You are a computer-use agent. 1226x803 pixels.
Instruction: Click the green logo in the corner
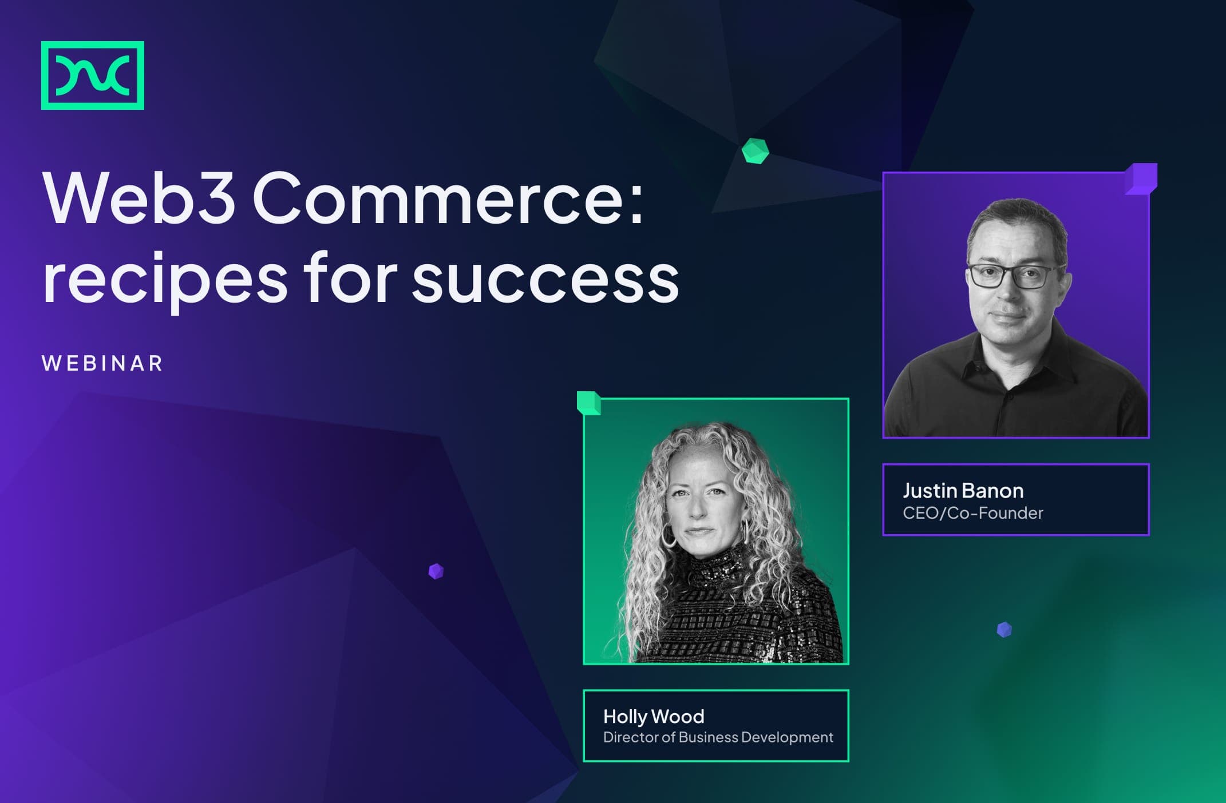(93, 75)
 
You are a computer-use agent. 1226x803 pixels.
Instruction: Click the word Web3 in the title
(139, 198)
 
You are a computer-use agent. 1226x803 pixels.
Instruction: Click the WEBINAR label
(102, 363)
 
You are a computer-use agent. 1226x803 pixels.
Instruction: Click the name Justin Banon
(963, 491)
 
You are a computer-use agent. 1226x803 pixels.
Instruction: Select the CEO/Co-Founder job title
(973, 513)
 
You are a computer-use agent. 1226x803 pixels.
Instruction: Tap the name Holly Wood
(654, 717)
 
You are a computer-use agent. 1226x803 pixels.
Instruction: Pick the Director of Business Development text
(718, 737)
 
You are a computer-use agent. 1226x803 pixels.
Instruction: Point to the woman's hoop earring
(669, 535)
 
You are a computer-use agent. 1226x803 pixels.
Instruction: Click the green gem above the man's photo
(755, 151)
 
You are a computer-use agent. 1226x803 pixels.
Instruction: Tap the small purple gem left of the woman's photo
(436, 571)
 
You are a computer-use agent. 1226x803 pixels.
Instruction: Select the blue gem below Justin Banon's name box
(1004, 630)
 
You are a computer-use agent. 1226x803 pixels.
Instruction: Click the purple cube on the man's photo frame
(1141, 179)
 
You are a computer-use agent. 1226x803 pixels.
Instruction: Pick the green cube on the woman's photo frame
(589, 403)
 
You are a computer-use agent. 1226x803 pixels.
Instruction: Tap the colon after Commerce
(635, 203)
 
